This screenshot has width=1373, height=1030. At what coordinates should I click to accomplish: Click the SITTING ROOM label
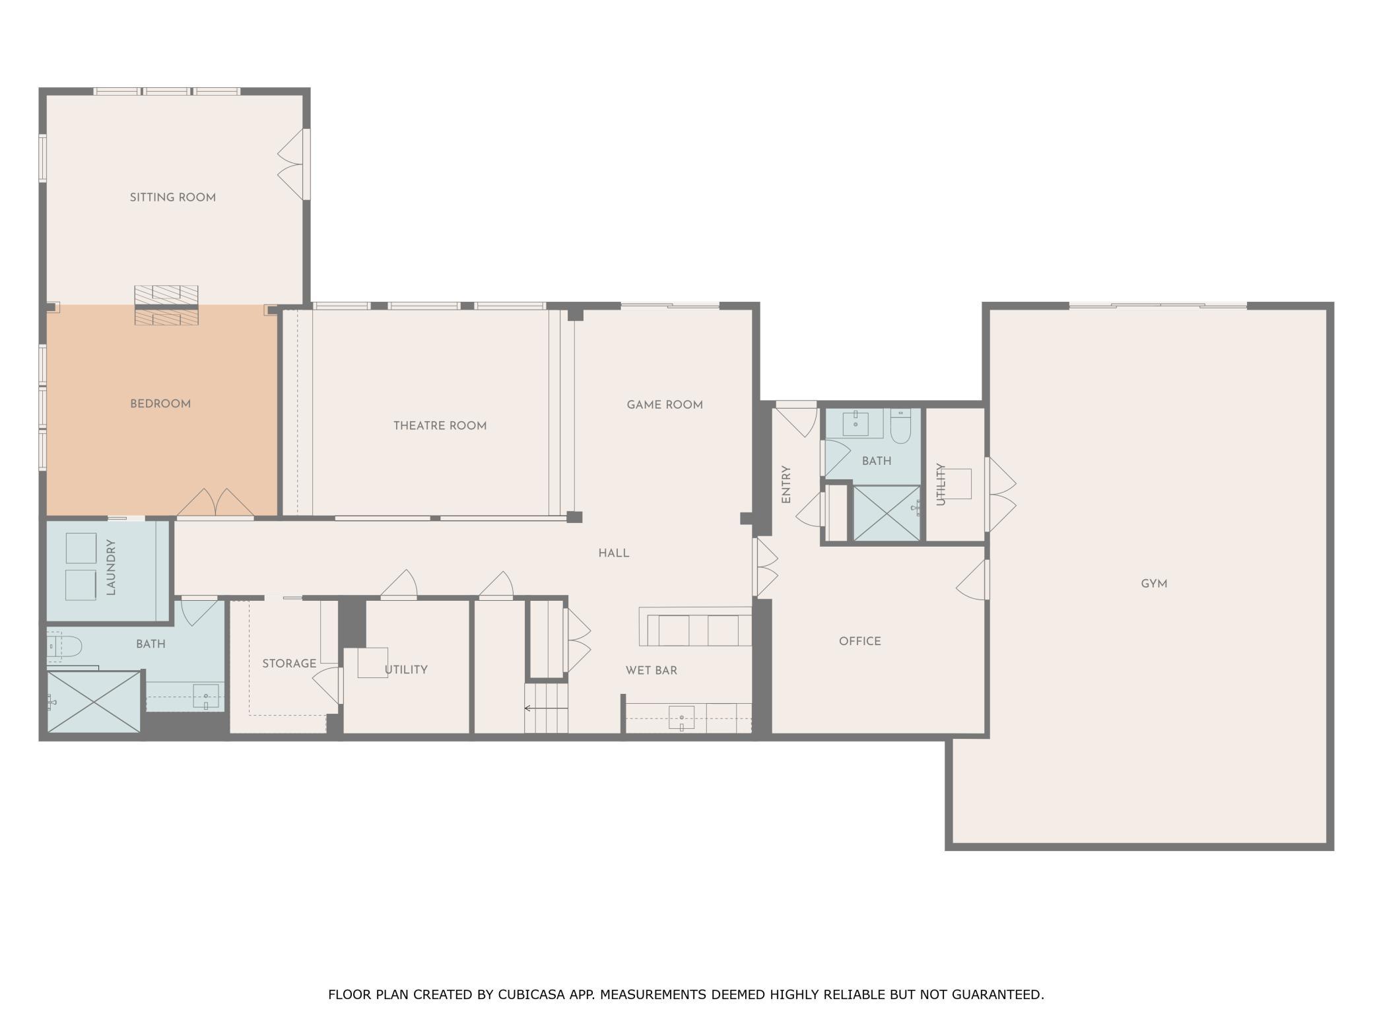tap(172, 197)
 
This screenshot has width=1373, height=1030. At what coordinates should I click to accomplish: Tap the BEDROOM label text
tap(160, 404)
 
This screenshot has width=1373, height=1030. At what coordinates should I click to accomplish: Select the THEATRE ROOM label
tap(440, 426)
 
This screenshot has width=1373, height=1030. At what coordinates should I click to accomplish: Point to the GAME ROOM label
tap(665, 405)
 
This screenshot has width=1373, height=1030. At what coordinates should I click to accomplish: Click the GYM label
tap(1154, 584)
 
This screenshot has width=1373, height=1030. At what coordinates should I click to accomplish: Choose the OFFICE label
tap(860, 641)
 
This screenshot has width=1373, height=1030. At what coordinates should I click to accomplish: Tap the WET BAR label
tap(652, 670)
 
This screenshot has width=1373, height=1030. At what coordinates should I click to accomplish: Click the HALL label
tap(614, 553)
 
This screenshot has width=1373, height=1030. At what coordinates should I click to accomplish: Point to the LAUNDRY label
tap(111, 567)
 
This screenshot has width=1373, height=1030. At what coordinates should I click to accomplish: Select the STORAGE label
tap(289, 664)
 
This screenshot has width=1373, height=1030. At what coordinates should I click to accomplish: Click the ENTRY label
tap(786, 485)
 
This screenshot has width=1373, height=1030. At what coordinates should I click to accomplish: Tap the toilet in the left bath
tap(64, 646)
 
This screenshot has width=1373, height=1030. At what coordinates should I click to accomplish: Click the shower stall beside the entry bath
tap(887, 513)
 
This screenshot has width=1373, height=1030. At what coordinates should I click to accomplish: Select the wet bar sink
tap(682, 718)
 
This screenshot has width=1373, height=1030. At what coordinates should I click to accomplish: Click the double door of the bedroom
tap(215, 503)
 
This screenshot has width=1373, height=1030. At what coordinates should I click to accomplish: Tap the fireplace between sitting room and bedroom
tap(166, 305)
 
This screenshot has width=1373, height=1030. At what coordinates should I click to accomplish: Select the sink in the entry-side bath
tap(855, 423)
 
